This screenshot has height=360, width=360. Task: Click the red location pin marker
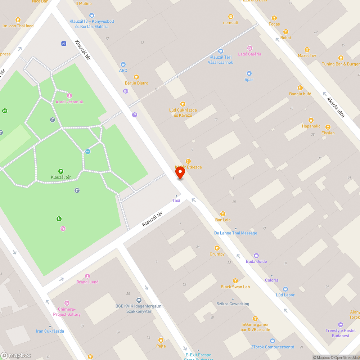pyautogui.click(x=180, y=173)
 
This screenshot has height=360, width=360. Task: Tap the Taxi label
pyautogui.click(x=176, y=201)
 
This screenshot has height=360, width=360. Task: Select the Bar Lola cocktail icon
pyautogui.click(x=222, y=214)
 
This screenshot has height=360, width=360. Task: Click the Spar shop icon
pyautogui.click(x=249, y=73)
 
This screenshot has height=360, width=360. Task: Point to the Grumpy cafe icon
pyautogui.click(x=217, y=248)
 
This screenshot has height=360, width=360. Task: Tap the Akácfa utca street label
pyautogui.click(x=336, y=107)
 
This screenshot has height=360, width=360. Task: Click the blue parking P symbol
pyautogui.click(x=135, y=115)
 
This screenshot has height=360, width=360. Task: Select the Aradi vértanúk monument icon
pyautogui.click(x=69, y=96)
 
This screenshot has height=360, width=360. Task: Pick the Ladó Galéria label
pyautogui.click(x=250, y=54)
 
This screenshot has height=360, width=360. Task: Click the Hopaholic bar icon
pyautogui.click(x=311, y=120)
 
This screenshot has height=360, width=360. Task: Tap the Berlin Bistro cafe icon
pyautogui.click(x=136, y=77)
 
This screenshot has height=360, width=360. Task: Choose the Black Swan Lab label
pyautogui.click(x=235, y=287)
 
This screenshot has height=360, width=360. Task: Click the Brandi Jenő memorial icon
pyautogui.click(x=87, y=276)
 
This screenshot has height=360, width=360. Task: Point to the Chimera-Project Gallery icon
pyautogui.click(x=67, y=303)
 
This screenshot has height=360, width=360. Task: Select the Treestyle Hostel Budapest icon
pyautogui.click(x=340, y=325)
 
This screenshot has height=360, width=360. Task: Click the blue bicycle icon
pyautogui.click(x=64, y=44)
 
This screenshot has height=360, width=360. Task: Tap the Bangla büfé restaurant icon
pyautogui.click(x=300, y=88)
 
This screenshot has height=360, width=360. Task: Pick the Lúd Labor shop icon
pyautogui.click(x=285, y=289)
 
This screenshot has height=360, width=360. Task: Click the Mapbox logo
pyautogui.click(x=16, y=355)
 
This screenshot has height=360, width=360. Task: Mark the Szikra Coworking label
pyautogui.click(x=233, y=304)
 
